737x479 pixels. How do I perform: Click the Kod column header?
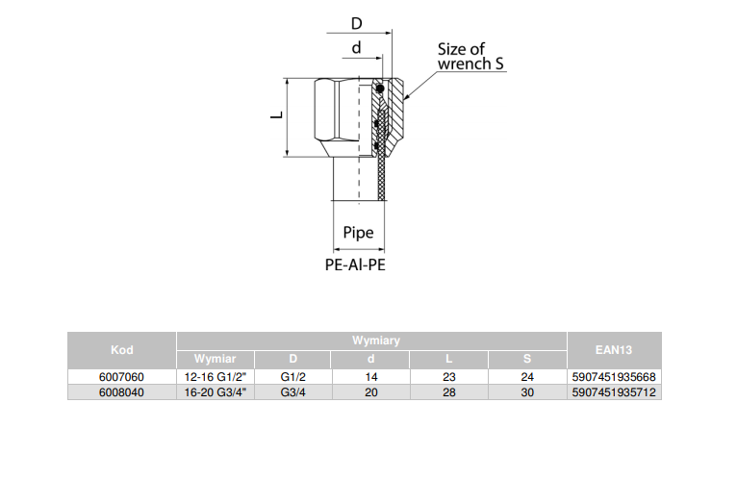click(x=122, y=350)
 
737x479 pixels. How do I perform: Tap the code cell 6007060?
click(x=122, y=377)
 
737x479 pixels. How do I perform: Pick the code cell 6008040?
click(x=122, y=392)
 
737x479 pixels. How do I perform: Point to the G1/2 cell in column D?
click(x=292, y=377)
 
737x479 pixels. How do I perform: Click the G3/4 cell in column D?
click(x=292, y=392)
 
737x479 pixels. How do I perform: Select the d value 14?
click(x=370, y=377)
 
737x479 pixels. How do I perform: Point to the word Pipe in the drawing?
click(x=358, y=233)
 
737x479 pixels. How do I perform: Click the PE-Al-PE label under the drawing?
click(x=356, y=264)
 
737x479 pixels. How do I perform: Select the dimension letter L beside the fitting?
click(x=275, y=115)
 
